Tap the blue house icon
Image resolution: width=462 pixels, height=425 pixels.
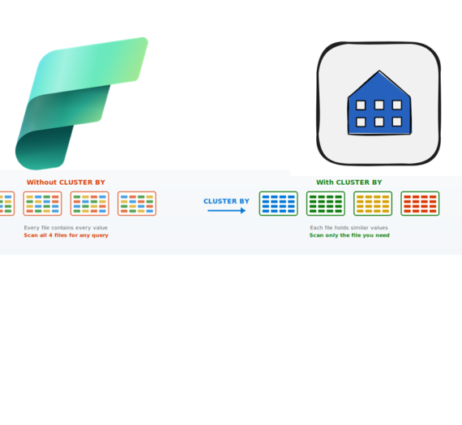pyautogui.click(x=379, y=103)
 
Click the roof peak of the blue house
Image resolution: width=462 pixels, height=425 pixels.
pyautogui.click(x=379, y=71)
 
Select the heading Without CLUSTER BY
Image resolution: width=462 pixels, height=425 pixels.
pyautogui.click(x=66, y=182)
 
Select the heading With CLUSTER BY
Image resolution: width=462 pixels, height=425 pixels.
pyautogui.click(x=349, y=182)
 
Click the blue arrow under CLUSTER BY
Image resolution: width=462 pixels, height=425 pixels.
pyautogui.click(x=227, y=211)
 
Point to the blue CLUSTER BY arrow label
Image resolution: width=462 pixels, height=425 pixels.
pyautogui.click(x=226, y=201)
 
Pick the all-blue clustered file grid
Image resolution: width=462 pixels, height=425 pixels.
pyautogui.click(x=279, y=204)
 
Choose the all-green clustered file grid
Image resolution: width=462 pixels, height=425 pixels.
pyautogui.click(x=326, y=204)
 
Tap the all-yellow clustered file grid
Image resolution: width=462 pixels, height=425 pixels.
pyautogui.click(x=373, y=204)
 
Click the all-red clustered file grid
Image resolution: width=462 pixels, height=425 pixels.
pyautogui.click(x=420, y=204)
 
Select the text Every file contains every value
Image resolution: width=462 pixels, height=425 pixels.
pyautogui.click(x=66, y=228)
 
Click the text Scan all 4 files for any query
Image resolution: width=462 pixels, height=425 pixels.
pyautogui.click(x=66, y=235)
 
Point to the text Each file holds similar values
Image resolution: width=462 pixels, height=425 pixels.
pyautogui.click(x=349, y=228)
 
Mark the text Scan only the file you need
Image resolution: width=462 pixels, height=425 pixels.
pyautogui.click(x=349, y=235)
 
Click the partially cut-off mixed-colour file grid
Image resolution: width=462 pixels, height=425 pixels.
pyautogui.click(x=6, y=204)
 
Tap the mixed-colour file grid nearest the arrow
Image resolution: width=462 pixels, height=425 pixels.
pyautogui.click(x=137, y=204)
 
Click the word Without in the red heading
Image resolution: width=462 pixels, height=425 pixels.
pyautogui.click(x=42, y=182)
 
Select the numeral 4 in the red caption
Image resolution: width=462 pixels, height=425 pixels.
pyautogui.click(x=50, y=235)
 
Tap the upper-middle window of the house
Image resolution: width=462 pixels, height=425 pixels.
pyautogui.click(x=379, y=105)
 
